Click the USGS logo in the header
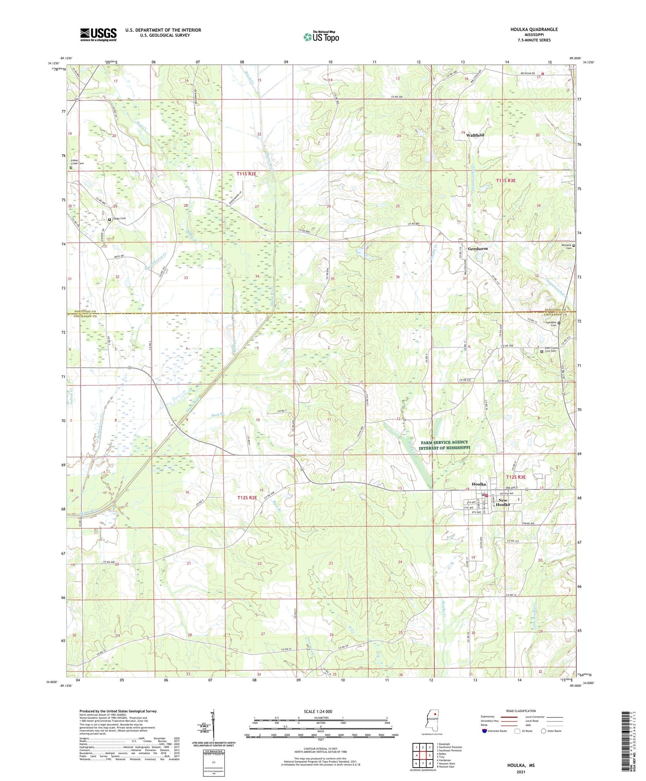click(98, 34)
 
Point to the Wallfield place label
click(475, 135)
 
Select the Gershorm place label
click(477, 249)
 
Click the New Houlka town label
click(503, 502)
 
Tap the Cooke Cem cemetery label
click(118, 219)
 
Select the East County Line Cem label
click(550, 350)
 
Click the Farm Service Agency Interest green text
click(444, 445)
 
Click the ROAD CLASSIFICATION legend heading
click(521, 711)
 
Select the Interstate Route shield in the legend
click(485, 731)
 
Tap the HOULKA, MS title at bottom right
click(520, 765)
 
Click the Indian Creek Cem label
click(77, 162)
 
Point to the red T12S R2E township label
click(247, 497)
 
